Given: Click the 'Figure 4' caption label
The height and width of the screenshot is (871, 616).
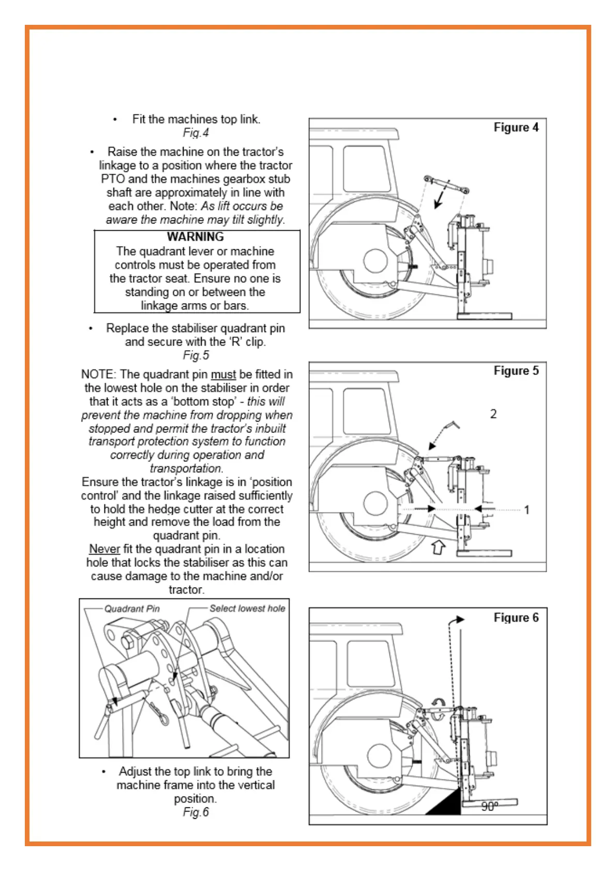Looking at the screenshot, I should point(516,127).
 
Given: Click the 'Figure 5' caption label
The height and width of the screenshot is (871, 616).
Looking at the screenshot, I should point(516,371).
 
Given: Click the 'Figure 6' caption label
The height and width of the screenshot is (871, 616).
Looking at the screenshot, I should point(516,618).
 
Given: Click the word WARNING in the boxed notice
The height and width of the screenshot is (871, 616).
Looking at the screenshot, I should point(196,237).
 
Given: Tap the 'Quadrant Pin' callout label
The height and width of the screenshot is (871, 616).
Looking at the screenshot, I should point(132,609).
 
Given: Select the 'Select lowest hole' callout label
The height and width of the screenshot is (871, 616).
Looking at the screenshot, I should point(247,609).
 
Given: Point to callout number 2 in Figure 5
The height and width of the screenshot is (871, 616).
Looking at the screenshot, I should point(493,414).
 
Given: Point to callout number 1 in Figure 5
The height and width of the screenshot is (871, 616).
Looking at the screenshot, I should point(527,510).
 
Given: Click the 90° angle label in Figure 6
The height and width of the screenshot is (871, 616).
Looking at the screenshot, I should point(489,806).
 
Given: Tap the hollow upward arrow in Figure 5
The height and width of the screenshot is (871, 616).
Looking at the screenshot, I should point(438,547).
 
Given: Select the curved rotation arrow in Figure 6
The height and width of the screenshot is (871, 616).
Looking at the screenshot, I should point(439,702).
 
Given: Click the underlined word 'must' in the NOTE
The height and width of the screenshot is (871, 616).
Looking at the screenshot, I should point(223,374).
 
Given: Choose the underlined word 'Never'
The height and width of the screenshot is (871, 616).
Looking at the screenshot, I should point(104,549).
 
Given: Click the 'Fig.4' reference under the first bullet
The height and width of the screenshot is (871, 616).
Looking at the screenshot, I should point(196,133).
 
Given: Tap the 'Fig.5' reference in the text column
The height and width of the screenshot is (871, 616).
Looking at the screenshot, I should point(196,355).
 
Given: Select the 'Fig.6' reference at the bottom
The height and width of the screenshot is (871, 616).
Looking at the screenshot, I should point(196,812).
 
